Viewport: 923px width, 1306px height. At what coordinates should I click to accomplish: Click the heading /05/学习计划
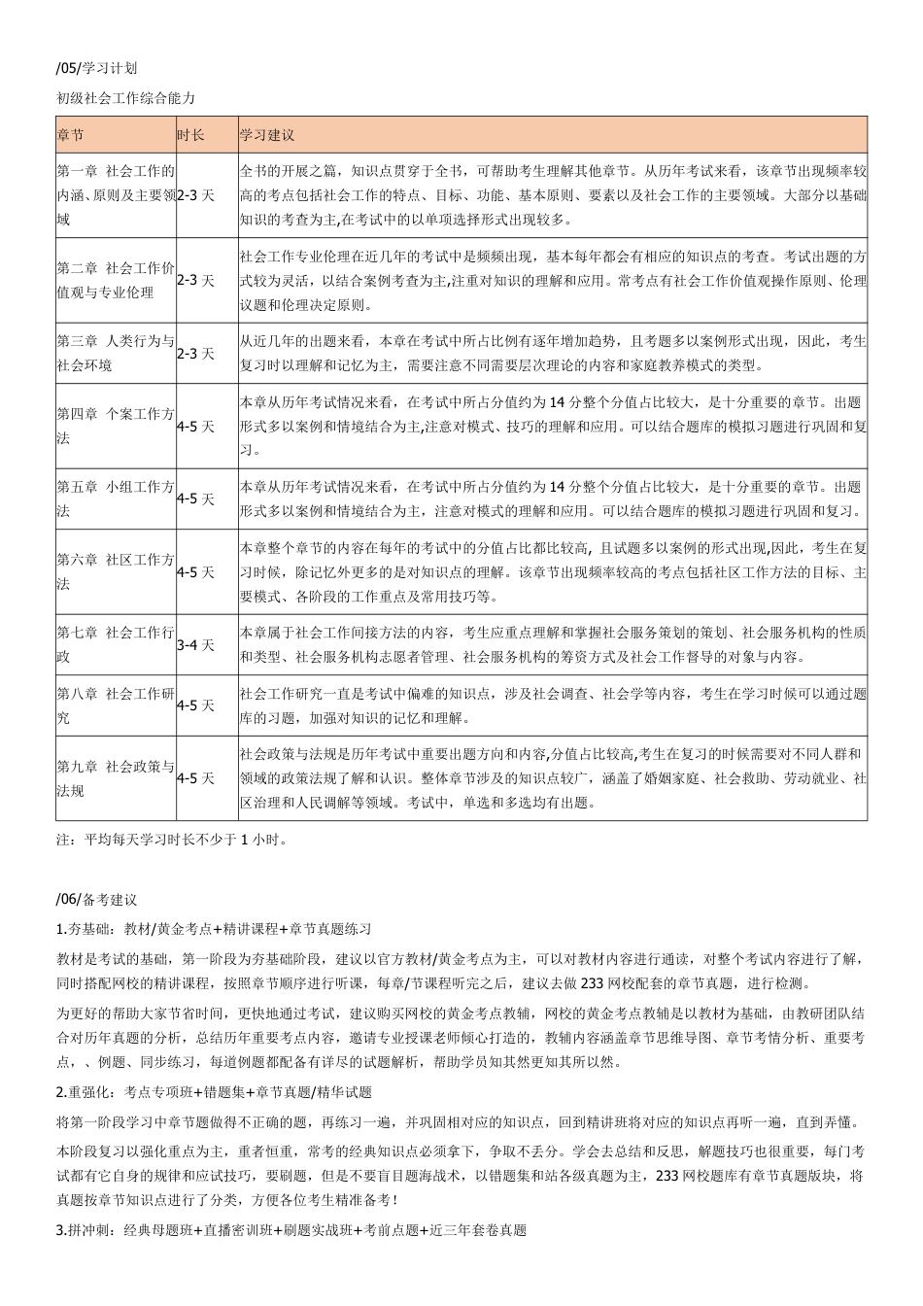tap(97, 68)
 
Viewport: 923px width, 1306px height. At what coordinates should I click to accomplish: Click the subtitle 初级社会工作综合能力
tap(126, 98)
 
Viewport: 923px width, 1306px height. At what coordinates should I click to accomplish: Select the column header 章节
tap(70, 135)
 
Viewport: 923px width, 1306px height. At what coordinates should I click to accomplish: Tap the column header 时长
tap(190, 135)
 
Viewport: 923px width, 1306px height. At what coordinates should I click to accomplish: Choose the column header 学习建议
tap(267, 135)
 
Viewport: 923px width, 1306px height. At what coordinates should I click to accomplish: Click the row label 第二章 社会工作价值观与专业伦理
tap(115, 280)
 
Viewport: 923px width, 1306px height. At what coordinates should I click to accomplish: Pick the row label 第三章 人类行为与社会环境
tap(115, 353)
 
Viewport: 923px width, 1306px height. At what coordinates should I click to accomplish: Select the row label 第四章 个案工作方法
tap(115, 426)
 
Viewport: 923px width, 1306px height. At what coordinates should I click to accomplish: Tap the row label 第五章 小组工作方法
tap(115, 498)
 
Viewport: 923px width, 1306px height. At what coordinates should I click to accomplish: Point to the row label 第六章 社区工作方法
tap(115, 571)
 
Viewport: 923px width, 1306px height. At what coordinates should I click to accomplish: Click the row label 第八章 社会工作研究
tap(115, 705)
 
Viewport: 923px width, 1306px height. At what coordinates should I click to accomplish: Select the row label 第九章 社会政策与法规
tap(115, 778)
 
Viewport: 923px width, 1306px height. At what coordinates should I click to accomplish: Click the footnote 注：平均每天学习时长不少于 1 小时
tap(172, 839)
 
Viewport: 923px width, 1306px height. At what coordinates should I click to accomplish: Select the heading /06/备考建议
tap(97, 900)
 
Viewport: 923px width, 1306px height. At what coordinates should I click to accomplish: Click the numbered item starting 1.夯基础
tap(214, 929)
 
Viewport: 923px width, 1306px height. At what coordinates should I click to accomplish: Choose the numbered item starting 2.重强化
tap(214, 1092)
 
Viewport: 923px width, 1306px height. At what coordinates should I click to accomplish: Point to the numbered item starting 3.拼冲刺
tap(291, 1230)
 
